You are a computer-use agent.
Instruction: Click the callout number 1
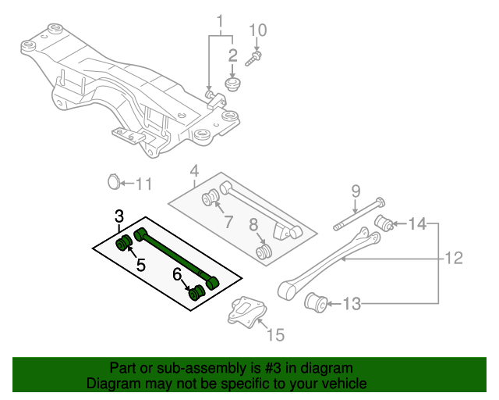[220, 20]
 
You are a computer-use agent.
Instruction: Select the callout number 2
[232, 55]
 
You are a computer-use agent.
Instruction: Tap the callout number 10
[257, 30]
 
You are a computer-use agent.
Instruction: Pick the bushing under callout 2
[232, 84]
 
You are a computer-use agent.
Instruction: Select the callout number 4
[194, 170]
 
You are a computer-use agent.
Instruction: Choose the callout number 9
[355, 190]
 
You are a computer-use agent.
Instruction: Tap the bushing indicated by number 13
[317, 301]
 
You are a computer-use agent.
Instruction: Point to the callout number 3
[119, 216]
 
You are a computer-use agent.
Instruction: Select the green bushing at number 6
[197, 292]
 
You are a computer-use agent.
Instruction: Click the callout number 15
[275, 336]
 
